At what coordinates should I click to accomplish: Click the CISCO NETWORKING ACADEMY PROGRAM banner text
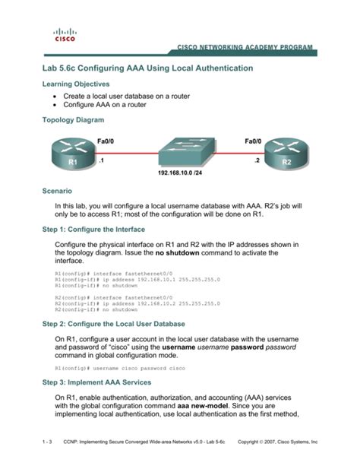(244, 47)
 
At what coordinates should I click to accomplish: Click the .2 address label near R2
(257, 161)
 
